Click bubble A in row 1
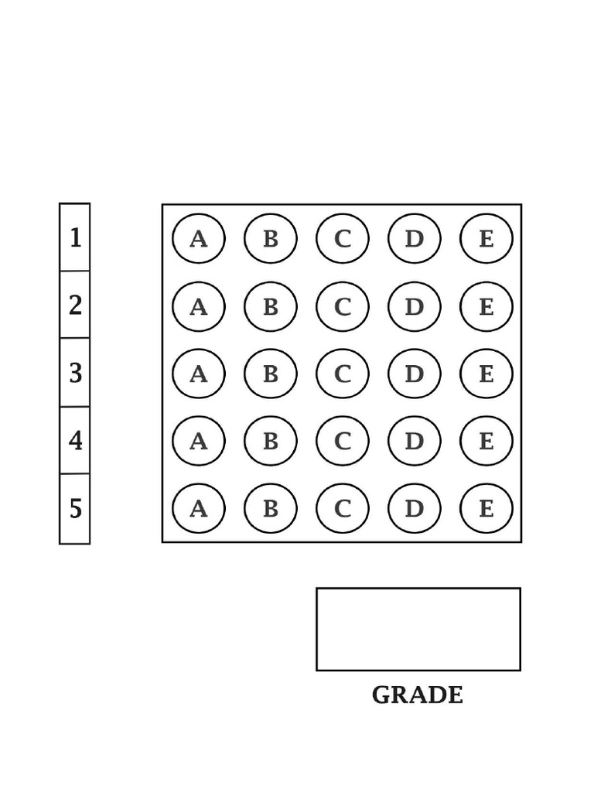click(x=199, y=238)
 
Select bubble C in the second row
click(x=343, y=306)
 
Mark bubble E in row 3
click(x=486, y=374)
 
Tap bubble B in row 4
click(x=271, y=441)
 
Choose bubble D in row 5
click(x=415, y=508)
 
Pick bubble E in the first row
click(x=486, y=238)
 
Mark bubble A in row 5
click(x=199, y=508)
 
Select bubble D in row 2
click(x=415, y=306)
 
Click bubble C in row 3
click(x=343, y=374)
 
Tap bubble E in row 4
click(x=486, y=441)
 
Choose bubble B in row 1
click(x=271, y=238)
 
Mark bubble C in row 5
click(x=343, y=508)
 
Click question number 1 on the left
click(x=75, y=237)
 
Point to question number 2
click(x=75, y=305)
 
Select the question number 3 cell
click(x=75, y=373)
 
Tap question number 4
click(x=75, y=440)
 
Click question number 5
click(x=75, y=508)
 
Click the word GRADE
click(x=417, y=695)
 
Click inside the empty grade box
click(x=418, y=630)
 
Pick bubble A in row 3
click(x=199, y=374)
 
